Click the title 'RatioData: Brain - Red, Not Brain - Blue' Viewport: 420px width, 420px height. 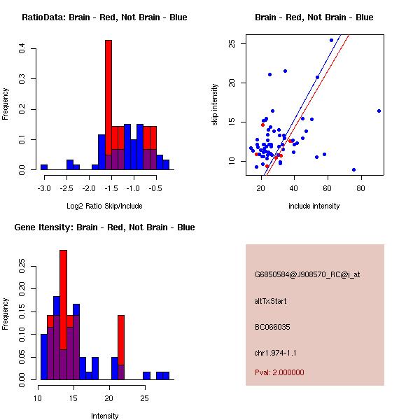coord(104,17)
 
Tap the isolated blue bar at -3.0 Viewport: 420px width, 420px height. coord(44,167)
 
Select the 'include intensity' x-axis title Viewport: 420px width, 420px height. coord(314,206)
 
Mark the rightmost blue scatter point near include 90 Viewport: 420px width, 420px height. coord(379,111)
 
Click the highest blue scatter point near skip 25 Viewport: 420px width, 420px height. coord(331,40)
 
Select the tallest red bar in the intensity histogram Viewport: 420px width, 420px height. coord(63,301)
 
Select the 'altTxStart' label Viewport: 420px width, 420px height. coord(271,301)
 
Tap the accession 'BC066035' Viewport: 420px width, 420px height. coord(272,326)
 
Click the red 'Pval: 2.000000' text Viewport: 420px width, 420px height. coord(279,372)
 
